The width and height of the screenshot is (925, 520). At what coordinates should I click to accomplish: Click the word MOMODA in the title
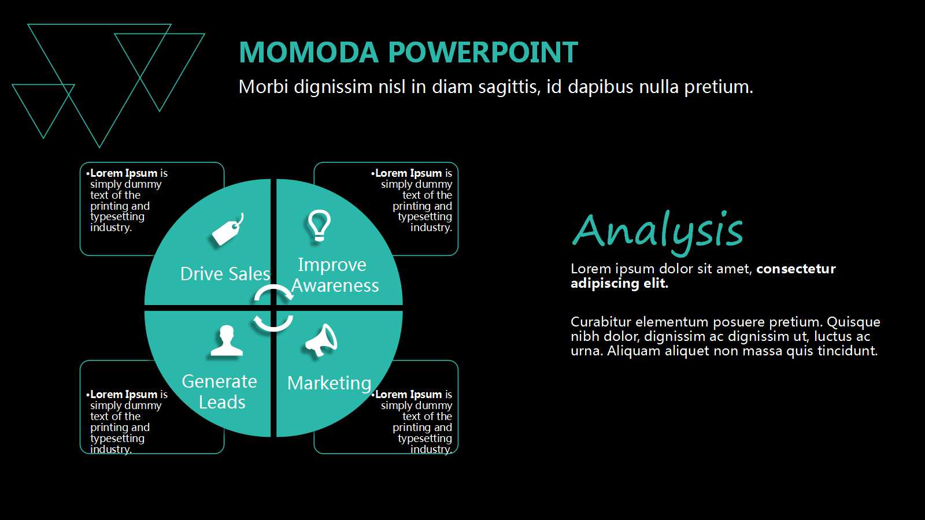pos(309,52)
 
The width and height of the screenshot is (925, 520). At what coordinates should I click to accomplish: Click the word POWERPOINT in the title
pos(483,52)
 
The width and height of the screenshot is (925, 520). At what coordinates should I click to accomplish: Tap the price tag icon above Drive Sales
pos(228,229)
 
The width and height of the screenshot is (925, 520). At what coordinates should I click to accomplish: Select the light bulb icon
pos(319,225)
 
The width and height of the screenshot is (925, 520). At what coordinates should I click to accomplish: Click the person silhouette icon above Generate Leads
pos(226,340)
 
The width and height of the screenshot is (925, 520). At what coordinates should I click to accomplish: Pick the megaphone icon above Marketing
pos(321,340)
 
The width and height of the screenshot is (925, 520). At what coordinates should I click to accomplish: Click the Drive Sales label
pos(225,274)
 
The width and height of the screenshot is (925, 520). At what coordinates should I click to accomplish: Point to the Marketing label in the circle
pos(329,384)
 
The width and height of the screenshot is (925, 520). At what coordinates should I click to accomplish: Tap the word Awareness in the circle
pos(335,285)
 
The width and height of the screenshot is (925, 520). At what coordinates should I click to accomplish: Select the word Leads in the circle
pos(222,402)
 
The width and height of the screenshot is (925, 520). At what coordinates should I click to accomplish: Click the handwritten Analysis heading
pos(657,231)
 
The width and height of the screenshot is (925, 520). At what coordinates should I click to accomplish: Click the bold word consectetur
pos(796,269)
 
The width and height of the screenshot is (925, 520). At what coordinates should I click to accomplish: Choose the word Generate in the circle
pos(219,381)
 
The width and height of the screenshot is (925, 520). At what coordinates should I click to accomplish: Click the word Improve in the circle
pos(332,265)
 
